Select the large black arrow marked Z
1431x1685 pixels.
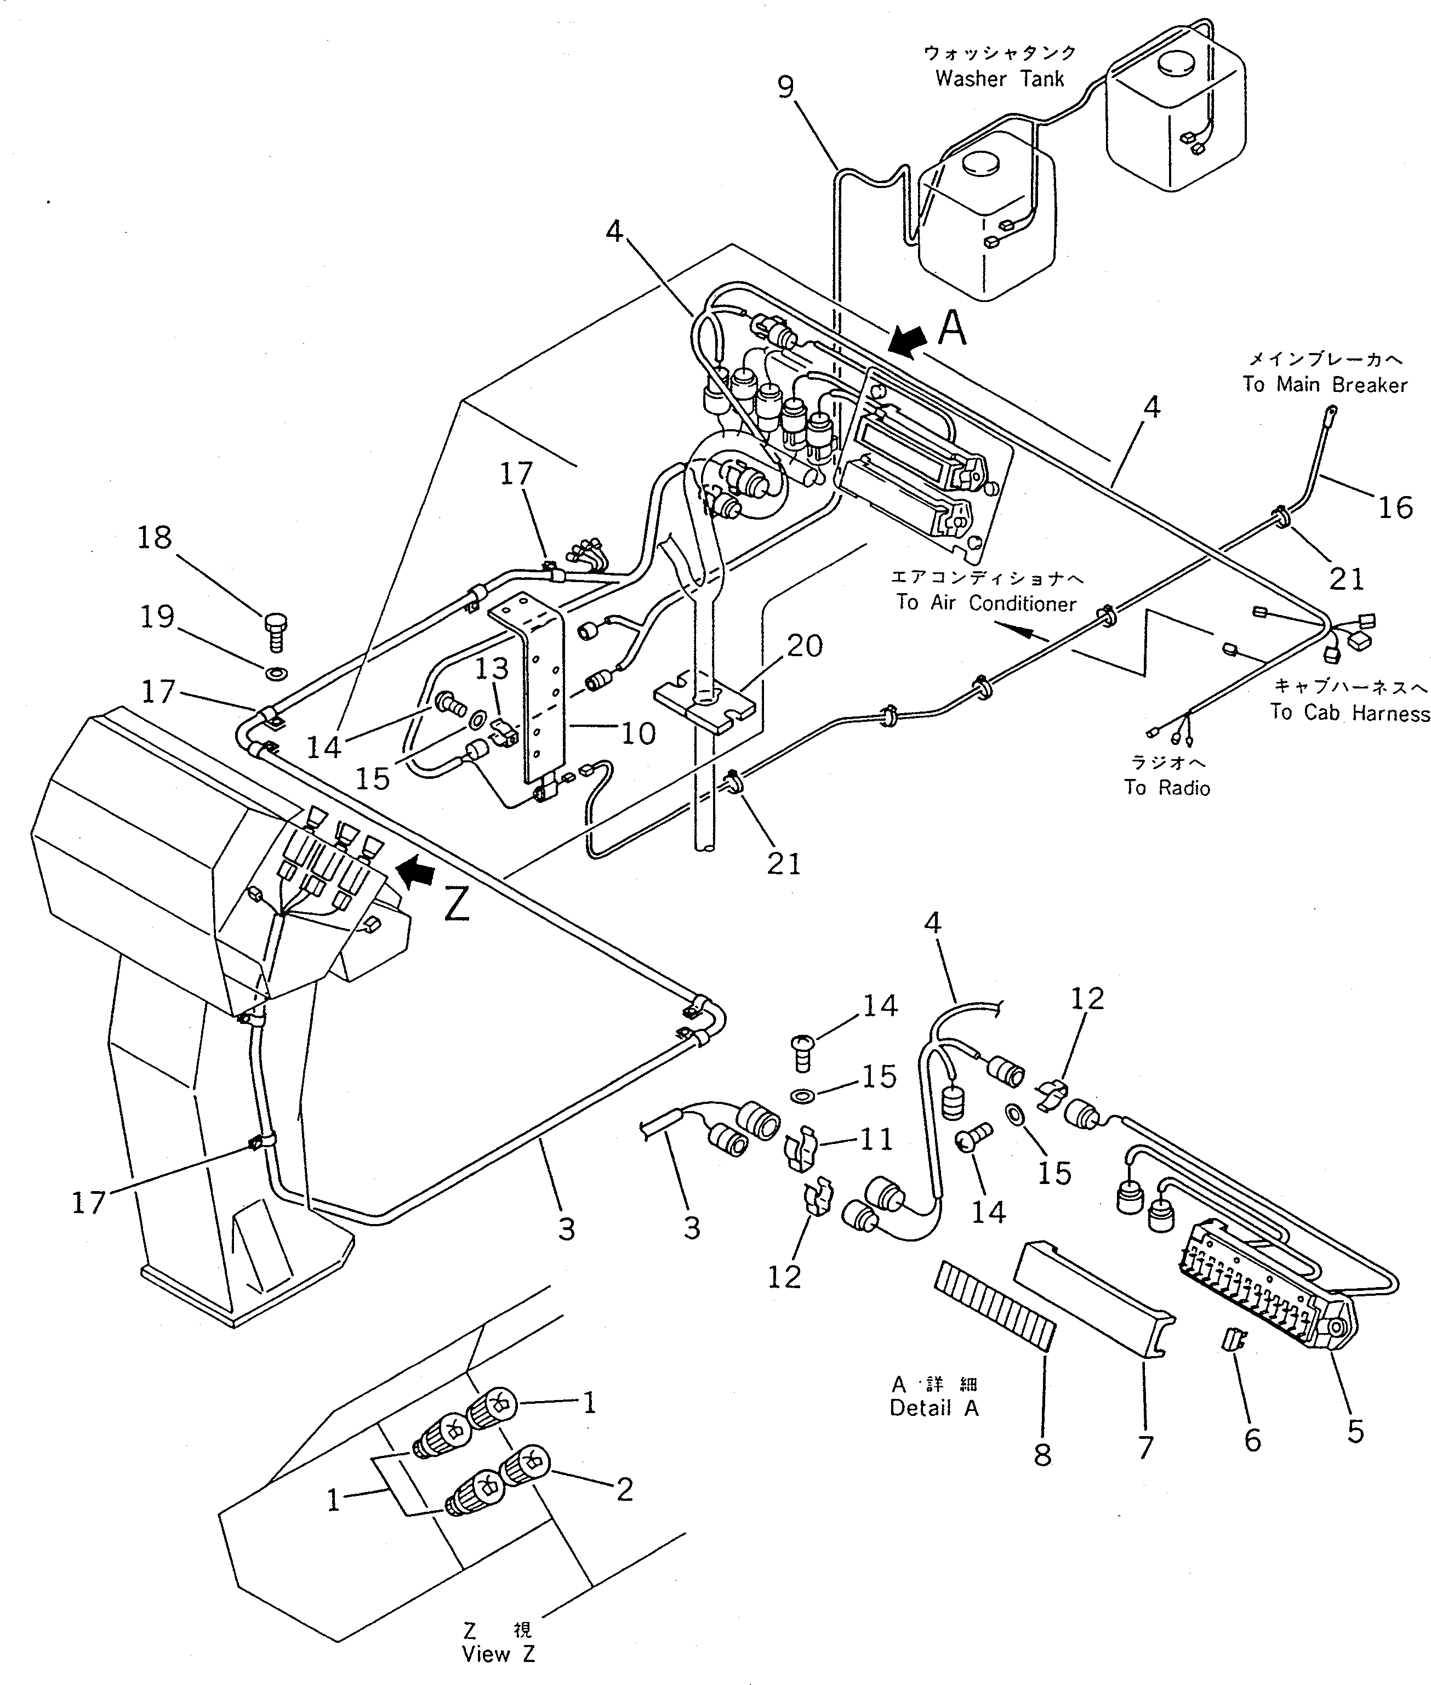(x=415, y=874)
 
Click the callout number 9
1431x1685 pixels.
(x=785, y=87)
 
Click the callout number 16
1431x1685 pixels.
(x=1394, y=507)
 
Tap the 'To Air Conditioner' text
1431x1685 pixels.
(x=985, y=603)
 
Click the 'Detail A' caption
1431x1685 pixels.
(x=934, y=1408)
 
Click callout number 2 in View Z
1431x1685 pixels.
(x=623, y=1489)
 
